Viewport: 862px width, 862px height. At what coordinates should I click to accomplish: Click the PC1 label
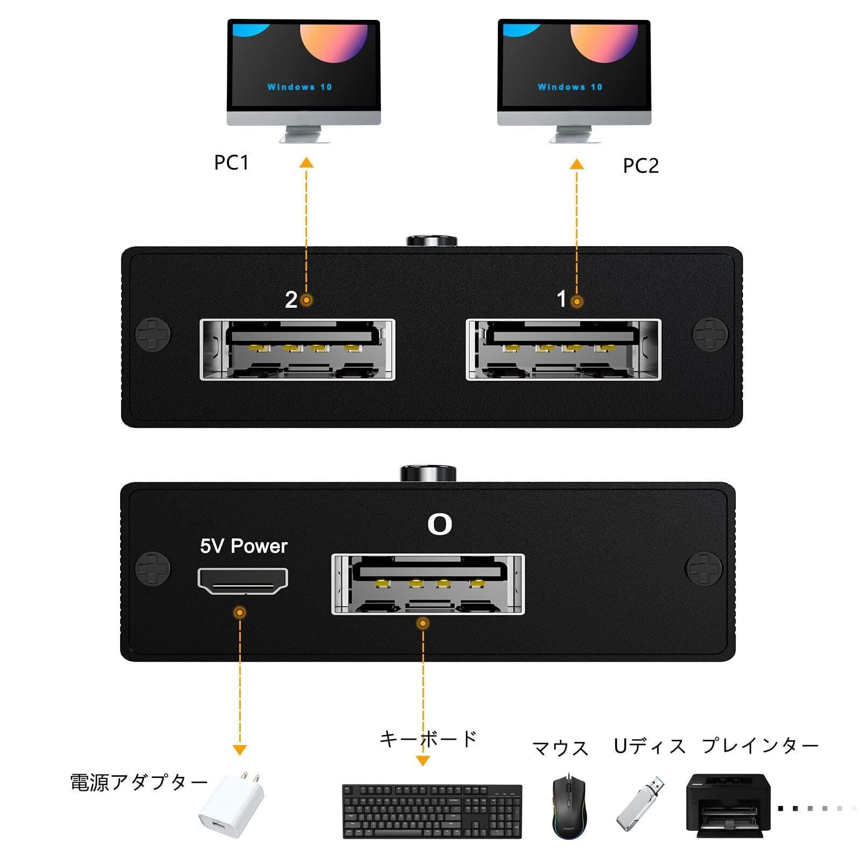point(232,162)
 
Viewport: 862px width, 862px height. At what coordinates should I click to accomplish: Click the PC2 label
point(641,165)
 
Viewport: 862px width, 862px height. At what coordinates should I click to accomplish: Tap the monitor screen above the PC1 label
point(304,65)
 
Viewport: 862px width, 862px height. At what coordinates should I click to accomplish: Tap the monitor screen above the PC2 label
point(574,65)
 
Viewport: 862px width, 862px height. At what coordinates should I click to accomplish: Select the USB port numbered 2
point(297,350)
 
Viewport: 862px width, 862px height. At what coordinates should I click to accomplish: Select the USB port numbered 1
point(564,350)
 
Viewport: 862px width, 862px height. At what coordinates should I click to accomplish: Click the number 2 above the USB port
point(291,300)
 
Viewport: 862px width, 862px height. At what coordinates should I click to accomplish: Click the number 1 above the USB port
point(561,299)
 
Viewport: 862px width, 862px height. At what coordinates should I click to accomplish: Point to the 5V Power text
point(244,546)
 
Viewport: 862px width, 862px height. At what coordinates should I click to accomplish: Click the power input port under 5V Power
point(243,581)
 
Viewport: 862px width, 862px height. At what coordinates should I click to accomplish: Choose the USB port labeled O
point(428,584)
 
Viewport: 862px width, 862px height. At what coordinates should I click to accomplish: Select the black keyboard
point(432,811)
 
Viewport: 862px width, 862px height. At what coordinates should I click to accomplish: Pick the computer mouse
point(569,807)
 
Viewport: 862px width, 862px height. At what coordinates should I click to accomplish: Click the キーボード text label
point(428,739)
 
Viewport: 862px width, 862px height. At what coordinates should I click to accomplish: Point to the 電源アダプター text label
point(138,782)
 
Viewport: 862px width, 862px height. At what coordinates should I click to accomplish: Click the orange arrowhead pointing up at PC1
point(307,162)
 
